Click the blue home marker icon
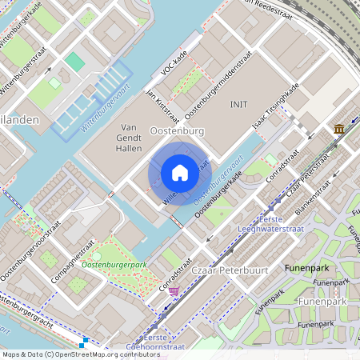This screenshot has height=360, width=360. pos(180,172)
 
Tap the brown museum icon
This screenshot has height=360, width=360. pos(339,129)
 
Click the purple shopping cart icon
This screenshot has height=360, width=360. pos(174,291)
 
